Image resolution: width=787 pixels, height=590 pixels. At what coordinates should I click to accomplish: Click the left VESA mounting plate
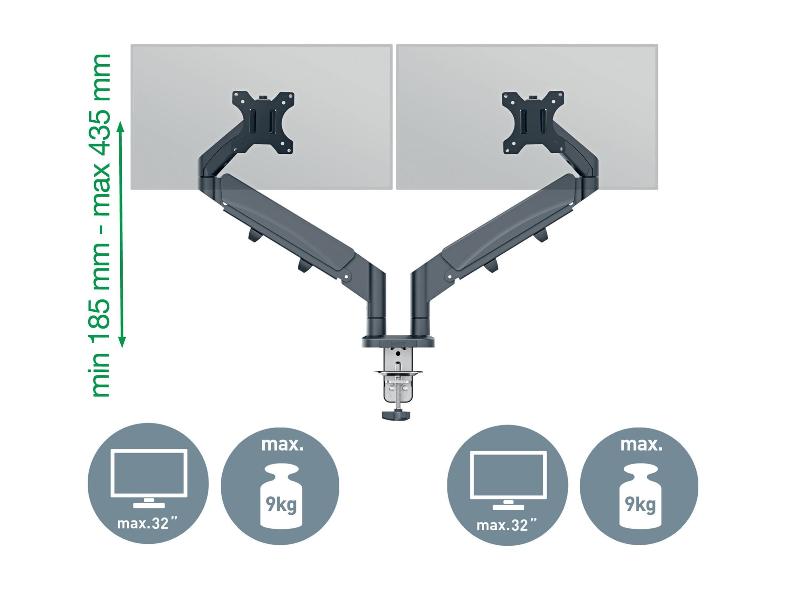[x=263, y=123]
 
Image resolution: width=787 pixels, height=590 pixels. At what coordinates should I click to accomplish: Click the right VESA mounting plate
[x=533, y=123]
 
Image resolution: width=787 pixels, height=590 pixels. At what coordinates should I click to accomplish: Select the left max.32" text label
[x=148, y=523]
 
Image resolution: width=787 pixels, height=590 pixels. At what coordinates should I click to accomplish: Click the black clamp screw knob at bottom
[x=396, y=415]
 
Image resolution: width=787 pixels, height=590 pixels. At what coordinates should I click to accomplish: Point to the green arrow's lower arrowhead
[x=122, y=341]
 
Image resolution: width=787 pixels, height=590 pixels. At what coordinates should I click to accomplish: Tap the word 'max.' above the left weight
[x=282, y=445]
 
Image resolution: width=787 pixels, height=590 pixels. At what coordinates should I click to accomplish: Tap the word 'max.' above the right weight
[x=641, y=445]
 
